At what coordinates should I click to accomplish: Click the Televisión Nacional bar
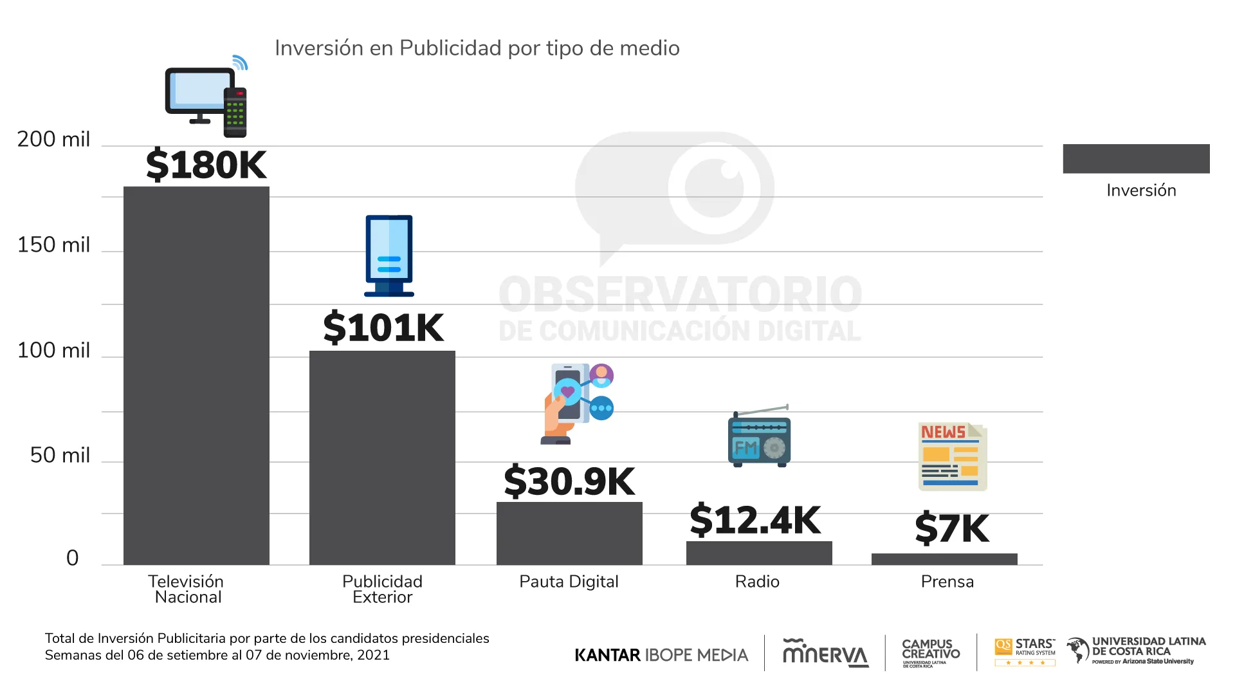pyautogui.click(x=196, y=376)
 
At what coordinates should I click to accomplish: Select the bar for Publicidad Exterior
pyautogui.click(x=382, y=458)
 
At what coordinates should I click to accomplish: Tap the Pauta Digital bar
pyautogui.click(x=569, y=533)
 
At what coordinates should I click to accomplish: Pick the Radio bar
pyautogui.click(x=759, y=553)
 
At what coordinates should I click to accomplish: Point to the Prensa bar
pyautogui.click(x=944, y=559)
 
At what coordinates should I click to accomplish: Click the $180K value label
pyautogui.click(x=206, y=165)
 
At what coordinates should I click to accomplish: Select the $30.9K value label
pyautogui.click(x=569, y=481)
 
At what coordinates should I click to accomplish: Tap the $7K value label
pyautogui.click(x=952, y=528)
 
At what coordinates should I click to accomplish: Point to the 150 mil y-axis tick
pyautogui.click(x=53, y=245)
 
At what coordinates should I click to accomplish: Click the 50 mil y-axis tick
pyautogui.click(x=60, y=456)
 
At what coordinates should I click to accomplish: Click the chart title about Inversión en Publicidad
pyautogui.click(x=477, y=48)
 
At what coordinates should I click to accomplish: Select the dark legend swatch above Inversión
pyautogui.click(x=1136, y=158)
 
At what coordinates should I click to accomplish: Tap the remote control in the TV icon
pyautogui.click(x=235, y=112)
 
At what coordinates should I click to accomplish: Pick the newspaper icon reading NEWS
pyautogui.click(x=952, y=456)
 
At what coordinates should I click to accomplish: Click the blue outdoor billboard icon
pyautogui.click(x=389, y=255)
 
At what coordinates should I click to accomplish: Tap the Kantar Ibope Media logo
pyautogui.click(x=661, y=655)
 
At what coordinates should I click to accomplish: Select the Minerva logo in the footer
pyautogui.click(x=825, y=653)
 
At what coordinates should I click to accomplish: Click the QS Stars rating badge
pyautogui.click(x=1025, y=653)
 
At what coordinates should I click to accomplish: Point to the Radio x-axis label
pyautogui.click(x=757, y=582)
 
